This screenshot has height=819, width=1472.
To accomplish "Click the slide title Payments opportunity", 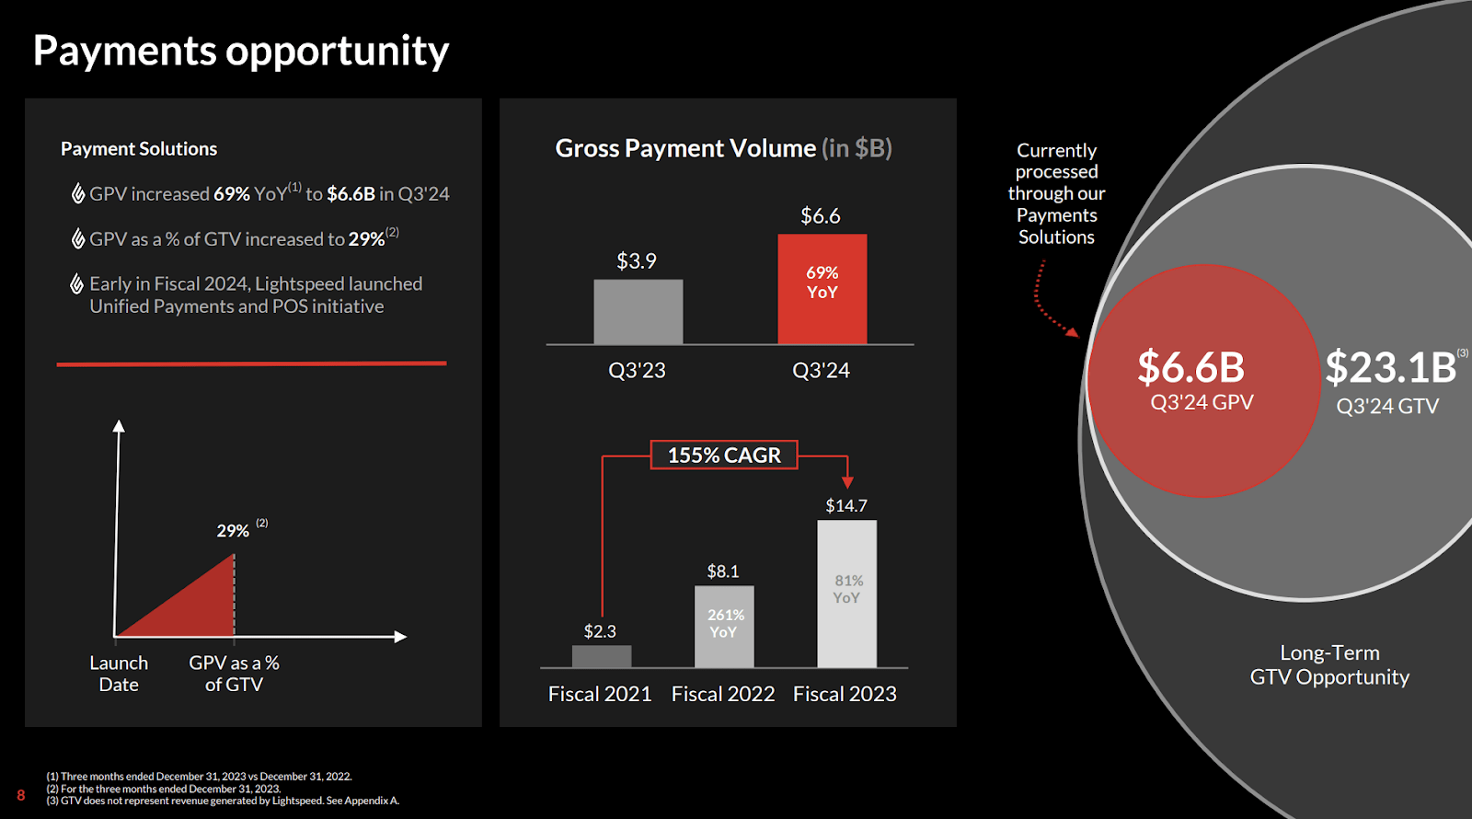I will coord(241,51).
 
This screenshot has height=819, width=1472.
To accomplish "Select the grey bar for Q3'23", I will coord(638,312).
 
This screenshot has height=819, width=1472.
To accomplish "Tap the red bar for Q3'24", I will coord(822,289).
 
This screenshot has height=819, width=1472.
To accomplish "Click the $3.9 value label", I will coord(637,261).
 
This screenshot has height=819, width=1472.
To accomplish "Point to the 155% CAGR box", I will coord(724,455).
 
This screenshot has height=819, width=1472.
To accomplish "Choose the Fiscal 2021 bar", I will coord(601,656).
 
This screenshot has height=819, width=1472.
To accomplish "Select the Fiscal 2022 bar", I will coord(724,627).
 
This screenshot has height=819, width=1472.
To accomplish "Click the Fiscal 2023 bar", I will coord(846,594).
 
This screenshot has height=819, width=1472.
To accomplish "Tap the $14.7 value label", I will coord(846,505).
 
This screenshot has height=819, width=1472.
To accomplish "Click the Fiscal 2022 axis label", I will coord(723,694).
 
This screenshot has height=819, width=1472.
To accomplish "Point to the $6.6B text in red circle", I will coord(1190,367).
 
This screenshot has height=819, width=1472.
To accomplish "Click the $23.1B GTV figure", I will coord(1390,367).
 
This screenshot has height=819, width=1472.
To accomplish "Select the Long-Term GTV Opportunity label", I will coord(1329,664).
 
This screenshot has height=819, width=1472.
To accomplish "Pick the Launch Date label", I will coord(119,674).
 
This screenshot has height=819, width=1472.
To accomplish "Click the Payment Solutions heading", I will coord(139,149).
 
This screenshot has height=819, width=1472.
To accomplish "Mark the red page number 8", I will coord(21,795).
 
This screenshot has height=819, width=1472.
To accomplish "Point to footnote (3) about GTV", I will coord(224,801).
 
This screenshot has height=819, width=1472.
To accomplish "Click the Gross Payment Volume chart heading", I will coord(723,148).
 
